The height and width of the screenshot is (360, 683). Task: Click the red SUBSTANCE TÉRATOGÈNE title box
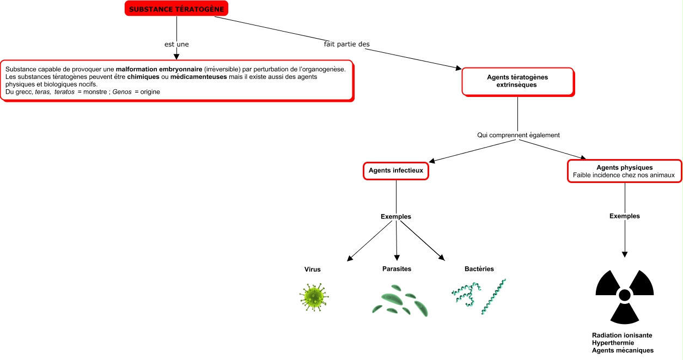click(176, 9)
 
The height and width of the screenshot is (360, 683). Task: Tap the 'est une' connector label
click(176, 44)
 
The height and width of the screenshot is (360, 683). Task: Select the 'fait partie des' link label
click(347, 44)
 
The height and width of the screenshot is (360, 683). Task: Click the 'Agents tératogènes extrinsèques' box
click(518, 81)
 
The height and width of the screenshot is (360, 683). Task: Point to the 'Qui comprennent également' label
click(519, 135)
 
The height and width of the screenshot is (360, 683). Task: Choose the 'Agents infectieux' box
click(396, 170)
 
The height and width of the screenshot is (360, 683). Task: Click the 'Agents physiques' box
click(624, 171)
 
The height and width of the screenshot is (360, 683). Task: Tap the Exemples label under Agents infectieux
click(396, 216)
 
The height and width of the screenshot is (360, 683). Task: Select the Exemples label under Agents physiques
click(625, 216)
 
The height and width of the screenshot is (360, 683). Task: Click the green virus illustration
click(314, 297)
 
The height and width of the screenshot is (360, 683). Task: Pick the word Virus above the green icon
click(312, 269)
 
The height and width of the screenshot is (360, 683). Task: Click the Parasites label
click(397, 269)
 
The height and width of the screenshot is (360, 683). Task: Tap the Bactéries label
click(479, 269)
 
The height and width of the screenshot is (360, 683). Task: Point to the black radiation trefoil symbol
click(625, 297)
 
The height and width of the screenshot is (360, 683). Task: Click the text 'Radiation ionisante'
click(622, 335)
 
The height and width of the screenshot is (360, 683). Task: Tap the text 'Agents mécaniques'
click(623, 350)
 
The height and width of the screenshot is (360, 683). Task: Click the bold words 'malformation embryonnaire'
click(159, 69)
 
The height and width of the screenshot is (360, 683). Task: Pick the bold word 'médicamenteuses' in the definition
click(198, 77)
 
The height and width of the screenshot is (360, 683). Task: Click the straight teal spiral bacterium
click(493, 296)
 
